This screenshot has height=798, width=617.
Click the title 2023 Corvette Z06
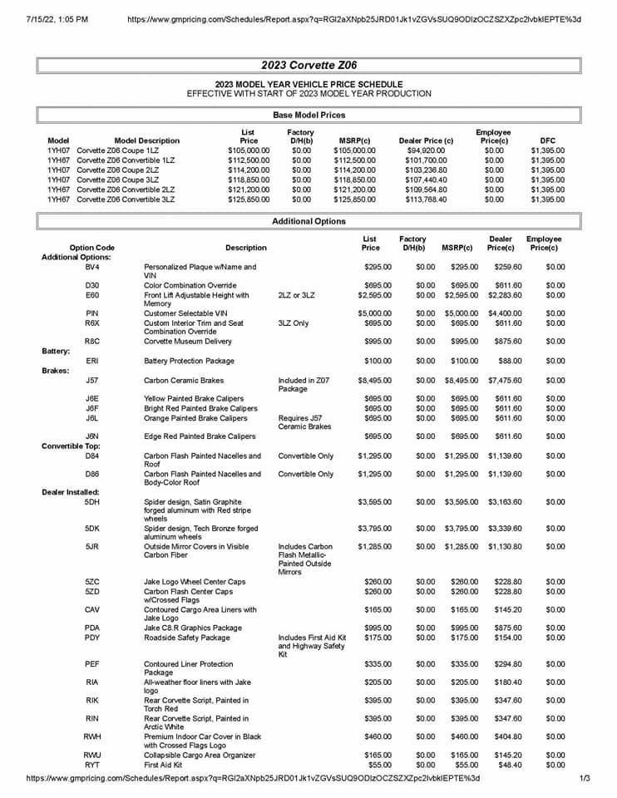[x=308, y=65]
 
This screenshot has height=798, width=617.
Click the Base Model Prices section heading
[x=308, y=115]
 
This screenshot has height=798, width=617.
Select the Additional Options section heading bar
[x=308, y=222]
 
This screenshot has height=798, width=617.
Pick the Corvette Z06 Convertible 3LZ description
[x=126, y=199]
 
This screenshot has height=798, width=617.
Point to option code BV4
[x=92, y=267]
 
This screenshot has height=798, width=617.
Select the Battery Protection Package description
[x=189, y=361]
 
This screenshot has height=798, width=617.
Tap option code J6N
[x=92, y=436]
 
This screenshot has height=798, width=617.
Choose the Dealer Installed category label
[x=71, y=493]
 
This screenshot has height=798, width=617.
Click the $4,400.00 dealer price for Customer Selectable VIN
[x=504, y=313]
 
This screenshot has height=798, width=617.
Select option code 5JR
[x=92, y=546]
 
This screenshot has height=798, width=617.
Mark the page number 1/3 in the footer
[x=585, y=778]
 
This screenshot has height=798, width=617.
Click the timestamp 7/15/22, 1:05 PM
[x=58, y=17]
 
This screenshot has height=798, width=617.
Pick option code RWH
[x=92, y=736]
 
